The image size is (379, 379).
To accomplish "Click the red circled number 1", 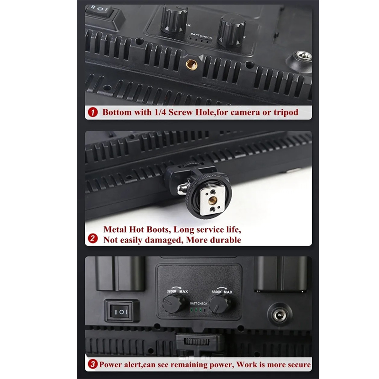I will (x=92, y=113).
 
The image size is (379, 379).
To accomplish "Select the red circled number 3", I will (x=92, y=364).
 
